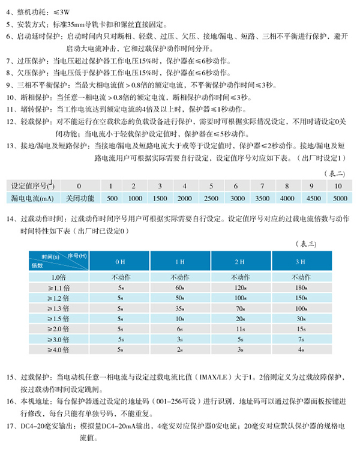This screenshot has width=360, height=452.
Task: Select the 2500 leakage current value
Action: point(211,197)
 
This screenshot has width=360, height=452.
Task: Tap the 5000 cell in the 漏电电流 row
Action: point(340,197)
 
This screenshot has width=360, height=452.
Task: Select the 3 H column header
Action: point(302,262)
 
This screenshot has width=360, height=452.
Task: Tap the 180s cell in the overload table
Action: point(302,288)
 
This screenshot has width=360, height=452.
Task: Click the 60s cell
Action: point(179,288)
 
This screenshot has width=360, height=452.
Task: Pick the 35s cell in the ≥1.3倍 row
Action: point(179,308)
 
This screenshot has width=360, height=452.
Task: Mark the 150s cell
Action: point(302,298)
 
